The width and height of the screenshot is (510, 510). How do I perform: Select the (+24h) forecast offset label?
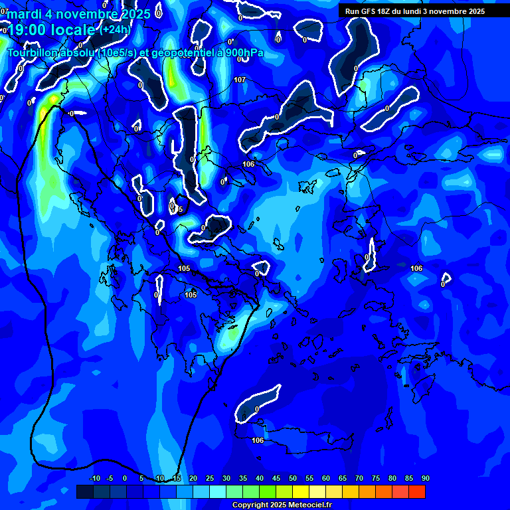(x=115, y=29)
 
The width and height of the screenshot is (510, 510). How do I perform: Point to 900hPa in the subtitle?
(x=245, y=52)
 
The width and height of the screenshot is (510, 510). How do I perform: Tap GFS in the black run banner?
(x=368, y=11)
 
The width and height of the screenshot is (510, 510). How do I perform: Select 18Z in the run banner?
(x=384, y=11)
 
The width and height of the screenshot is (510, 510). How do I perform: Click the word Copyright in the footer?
(x=250, y=505)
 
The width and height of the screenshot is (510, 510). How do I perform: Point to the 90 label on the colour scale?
(x=425, y=478)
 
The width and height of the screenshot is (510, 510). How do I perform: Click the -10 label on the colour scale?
(x=94, y=478)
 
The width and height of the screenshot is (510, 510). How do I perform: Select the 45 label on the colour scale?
(x=276, y=478)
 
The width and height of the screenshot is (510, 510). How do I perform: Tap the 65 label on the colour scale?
(x=342, y=478)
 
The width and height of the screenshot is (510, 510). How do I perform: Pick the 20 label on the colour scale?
(x=193, y=478)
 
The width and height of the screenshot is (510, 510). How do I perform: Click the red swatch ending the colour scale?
(x=417, y=491)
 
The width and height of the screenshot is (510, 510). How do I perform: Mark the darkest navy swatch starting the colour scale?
(x=84, y=491)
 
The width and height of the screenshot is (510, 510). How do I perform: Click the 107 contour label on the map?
(x=240, y=80)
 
